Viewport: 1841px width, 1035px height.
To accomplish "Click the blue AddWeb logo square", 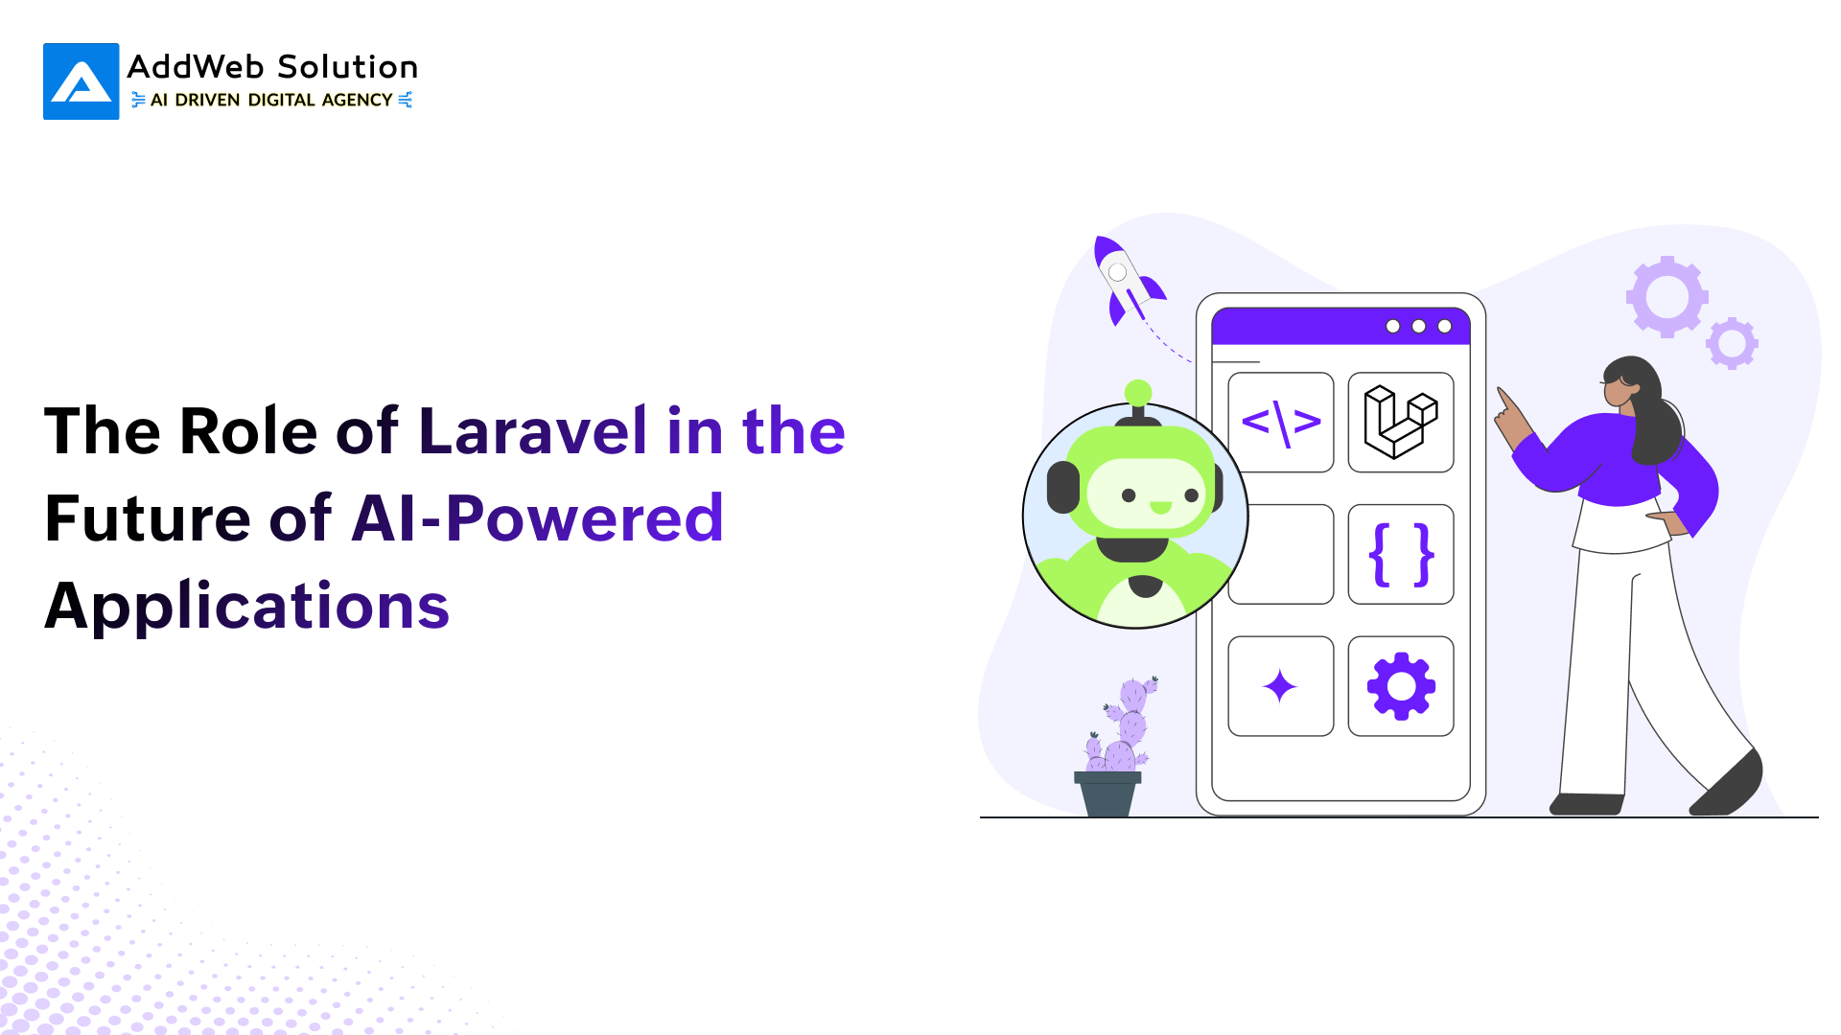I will point(82,81).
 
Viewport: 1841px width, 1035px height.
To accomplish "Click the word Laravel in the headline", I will point(532,430).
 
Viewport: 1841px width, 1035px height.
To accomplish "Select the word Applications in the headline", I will point(246,606).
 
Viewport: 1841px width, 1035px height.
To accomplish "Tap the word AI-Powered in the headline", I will point(537,518).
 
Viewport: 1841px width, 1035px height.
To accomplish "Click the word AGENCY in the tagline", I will point(357,100).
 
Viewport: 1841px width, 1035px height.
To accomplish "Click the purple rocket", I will point(1126,278).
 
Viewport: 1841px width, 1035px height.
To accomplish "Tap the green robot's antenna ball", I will point(1138,392).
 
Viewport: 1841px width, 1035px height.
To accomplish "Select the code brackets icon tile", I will point(1281,422).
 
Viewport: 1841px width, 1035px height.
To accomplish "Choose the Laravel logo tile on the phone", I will point(1400,422).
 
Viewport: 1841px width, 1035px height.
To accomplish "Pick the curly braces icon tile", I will point(1400,554).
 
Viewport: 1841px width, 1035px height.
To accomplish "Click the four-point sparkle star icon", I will point(1280,686).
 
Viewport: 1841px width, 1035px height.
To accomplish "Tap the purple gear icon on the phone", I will point(1401,686).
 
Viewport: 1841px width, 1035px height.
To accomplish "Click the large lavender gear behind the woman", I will point(1666,296).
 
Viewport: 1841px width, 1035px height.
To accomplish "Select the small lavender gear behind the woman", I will point(1732,342).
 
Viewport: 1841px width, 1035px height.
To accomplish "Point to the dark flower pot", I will point(1107,793).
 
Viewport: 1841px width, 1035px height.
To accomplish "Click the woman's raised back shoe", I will point(1731,786).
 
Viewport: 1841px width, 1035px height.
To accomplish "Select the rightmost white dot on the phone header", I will point(1444,327).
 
